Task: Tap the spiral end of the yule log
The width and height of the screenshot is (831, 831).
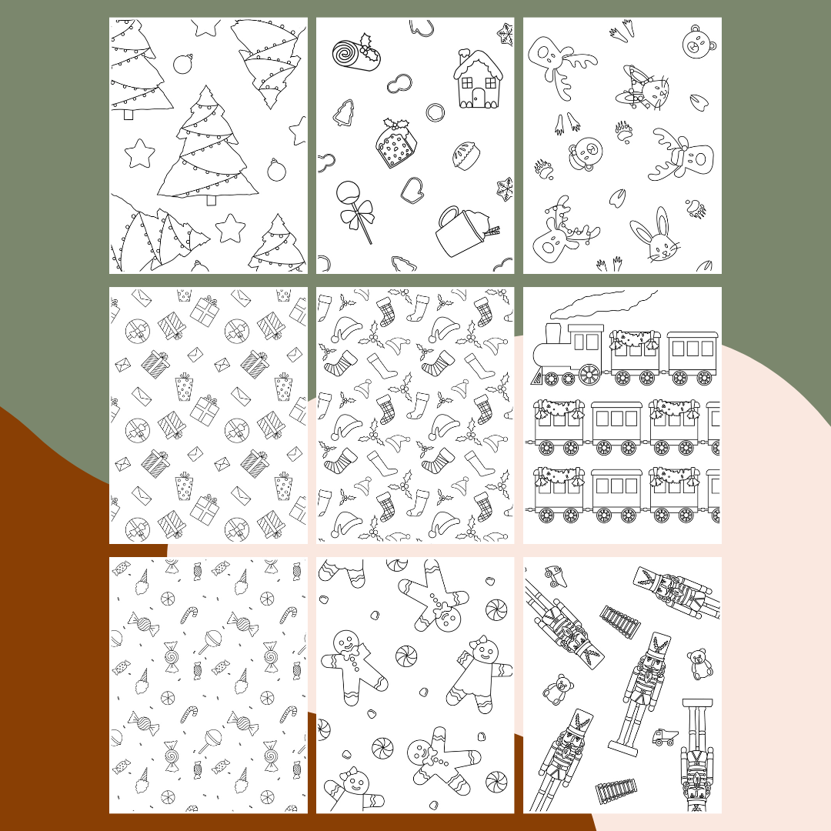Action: click(x=348, y=55)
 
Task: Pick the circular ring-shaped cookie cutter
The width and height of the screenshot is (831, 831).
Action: click(x=436, y=112)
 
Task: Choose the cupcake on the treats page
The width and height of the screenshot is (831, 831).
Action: click(x=464, y=155)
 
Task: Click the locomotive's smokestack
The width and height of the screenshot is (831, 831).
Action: click(x=552, y=333)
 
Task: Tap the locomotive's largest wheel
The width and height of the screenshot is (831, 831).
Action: click(x=589, y=375)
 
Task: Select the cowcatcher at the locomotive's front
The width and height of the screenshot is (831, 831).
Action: click(x=539, y=376)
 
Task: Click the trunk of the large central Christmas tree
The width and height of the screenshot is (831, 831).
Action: click(x=210, y=200)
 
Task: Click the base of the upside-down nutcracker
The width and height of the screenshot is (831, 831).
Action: click(x=696, y=703)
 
